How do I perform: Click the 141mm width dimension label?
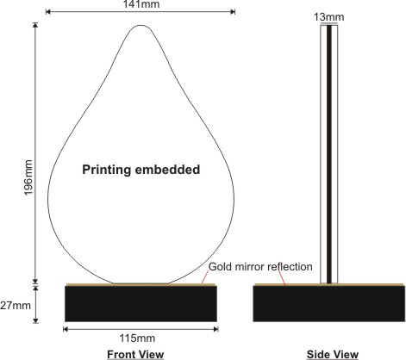[x=141, y=4]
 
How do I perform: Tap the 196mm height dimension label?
[x=28, y=177]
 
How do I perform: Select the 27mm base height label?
[x=16, y=305]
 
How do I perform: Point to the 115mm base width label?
[x=137, y=338]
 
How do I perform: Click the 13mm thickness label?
[x=328, y=17]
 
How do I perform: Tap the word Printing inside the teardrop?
[x=106, y=170]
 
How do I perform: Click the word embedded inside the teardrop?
[x=167, y=170]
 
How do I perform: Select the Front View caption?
[x=135, y=355]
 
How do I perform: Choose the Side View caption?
[x=333, y=355]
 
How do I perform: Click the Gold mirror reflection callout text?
[x=260, y=267]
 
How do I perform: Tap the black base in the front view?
[x=141, y=304]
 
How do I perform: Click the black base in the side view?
[x=329, y=304]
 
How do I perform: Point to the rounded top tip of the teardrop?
[x=141, y=25]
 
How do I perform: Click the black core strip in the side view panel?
[x=329, y=154]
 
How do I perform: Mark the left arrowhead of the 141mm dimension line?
[x=48, y=12]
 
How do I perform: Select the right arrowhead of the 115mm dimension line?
[x=215, y=329]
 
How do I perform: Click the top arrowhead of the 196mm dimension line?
[x=35, y=25]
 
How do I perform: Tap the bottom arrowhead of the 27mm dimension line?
[x=35, y=320]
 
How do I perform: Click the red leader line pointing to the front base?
[x=204, y=277]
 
